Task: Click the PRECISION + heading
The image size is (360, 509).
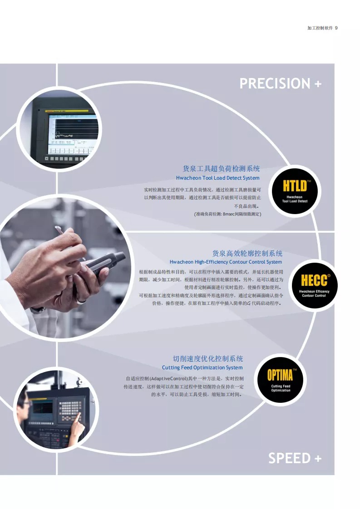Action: pyautogui.click(x=281, y=83)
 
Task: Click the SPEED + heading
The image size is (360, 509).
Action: pyautogui.click(x=295, y=458)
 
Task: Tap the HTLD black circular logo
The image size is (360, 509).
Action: pyautogui.click(x=295, y=191)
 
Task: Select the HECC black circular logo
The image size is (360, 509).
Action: pyautogui.click(x=314, y=285)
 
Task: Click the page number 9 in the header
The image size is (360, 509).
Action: pyautogui.click(x=336, y=28)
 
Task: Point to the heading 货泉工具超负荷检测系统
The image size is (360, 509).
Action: pyautogui.click(x=221, y=169)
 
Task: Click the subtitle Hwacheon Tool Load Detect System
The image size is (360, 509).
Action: pyautogui.click(x=218, y=178)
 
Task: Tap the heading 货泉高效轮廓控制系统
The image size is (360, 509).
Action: pyautogui.click(x=247, y=254)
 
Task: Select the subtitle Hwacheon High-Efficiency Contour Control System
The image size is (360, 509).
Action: pyautogui.click(x=226, y=262)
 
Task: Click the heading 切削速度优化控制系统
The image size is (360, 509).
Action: pyautogui.click(x=208, y=359)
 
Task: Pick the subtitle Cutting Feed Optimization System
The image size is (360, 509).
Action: pyautogui.click(x=202, y=367)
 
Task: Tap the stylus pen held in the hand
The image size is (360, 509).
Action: pyautogui.click(x=69, y=241)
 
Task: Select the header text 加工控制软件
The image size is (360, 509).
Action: pyautogui.click(x=320, y=28)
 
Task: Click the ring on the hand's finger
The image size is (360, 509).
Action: pyautogui.click(x=81, y=302)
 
